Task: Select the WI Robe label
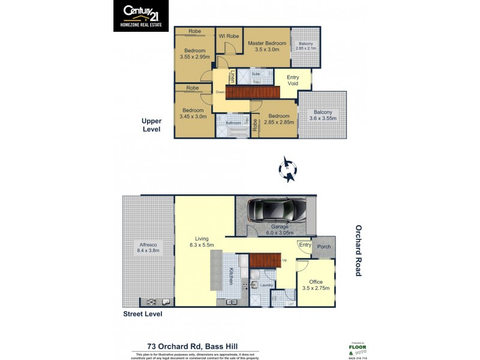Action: [229, 36]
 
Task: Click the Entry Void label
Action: [293, 80]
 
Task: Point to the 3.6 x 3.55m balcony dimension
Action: [323, 118]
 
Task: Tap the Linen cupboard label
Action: [233, 77]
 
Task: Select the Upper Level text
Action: [152, 124]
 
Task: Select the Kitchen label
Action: [230, 276]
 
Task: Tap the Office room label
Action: [316, 285]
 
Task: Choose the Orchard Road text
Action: [358, 250]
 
